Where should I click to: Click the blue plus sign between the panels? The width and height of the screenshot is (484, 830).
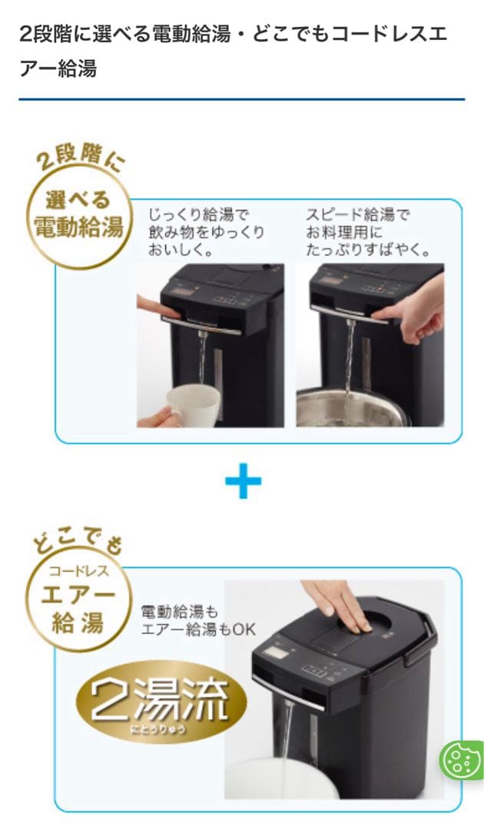point(243,480)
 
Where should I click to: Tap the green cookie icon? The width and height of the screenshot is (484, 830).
point(461,760)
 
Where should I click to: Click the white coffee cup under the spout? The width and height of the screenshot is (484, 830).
point(192,404)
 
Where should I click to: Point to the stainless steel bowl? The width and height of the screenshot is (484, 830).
point(353,407)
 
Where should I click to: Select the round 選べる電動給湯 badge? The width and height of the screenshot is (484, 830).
point(79,216)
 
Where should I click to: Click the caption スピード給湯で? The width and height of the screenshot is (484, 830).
point(357,215)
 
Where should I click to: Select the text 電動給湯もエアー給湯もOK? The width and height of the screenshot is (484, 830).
point(198,620)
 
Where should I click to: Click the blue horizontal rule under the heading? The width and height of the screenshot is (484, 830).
point(242,99)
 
